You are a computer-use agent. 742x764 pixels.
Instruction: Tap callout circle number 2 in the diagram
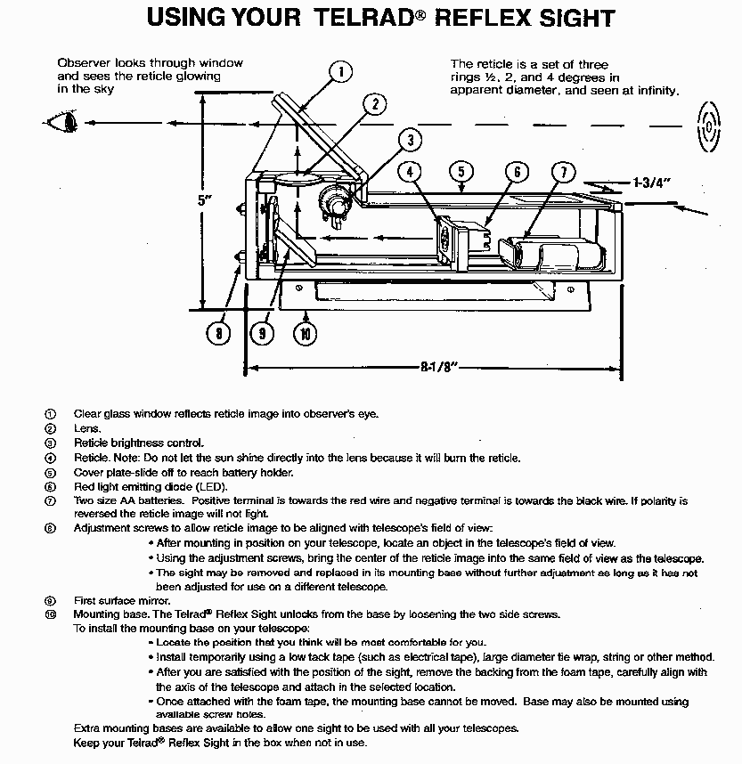click(x=376, y=104)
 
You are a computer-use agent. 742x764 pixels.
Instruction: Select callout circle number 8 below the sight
click(x=218, y=334)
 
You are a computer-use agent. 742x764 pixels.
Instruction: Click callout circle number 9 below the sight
click(x=263, y=334)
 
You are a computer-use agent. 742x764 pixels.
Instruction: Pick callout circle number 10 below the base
click(x=306, y=334)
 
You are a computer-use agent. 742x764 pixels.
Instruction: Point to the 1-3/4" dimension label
click(x=651, y=183)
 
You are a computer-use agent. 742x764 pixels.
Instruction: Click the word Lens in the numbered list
click(x=86, y=428)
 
